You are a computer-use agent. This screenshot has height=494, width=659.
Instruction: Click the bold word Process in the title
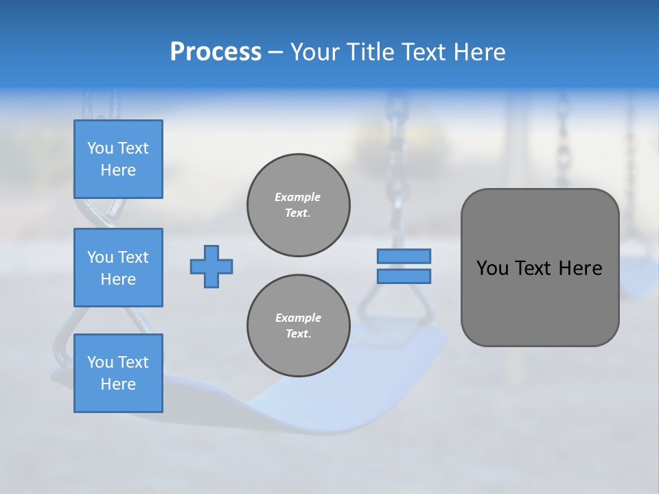point(216,52)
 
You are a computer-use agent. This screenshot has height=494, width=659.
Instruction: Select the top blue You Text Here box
point(118,159)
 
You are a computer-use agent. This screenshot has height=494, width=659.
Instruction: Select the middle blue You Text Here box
point(118,268)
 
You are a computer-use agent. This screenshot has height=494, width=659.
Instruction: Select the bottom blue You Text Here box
point(118,373)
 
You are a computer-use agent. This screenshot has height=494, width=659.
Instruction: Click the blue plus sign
point(211,266)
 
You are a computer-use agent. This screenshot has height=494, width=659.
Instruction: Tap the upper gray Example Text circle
point(299,205)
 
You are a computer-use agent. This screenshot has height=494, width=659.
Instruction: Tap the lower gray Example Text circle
point(299,326)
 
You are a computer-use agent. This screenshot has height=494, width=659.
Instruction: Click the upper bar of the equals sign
point(404,256)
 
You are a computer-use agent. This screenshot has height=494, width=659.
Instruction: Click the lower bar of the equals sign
point(404,276)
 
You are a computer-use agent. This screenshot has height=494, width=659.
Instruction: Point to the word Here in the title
point(478,52)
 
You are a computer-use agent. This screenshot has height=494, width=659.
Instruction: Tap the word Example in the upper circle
point(298,197)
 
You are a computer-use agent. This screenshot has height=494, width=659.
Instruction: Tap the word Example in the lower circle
point(298,318)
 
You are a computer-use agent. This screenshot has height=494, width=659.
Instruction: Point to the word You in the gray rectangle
point(492,268)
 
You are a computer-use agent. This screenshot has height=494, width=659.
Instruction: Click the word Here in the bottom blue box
point(118,384)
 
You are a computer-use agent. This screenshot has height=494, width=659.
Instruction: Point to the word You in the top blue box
point(100,148)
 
